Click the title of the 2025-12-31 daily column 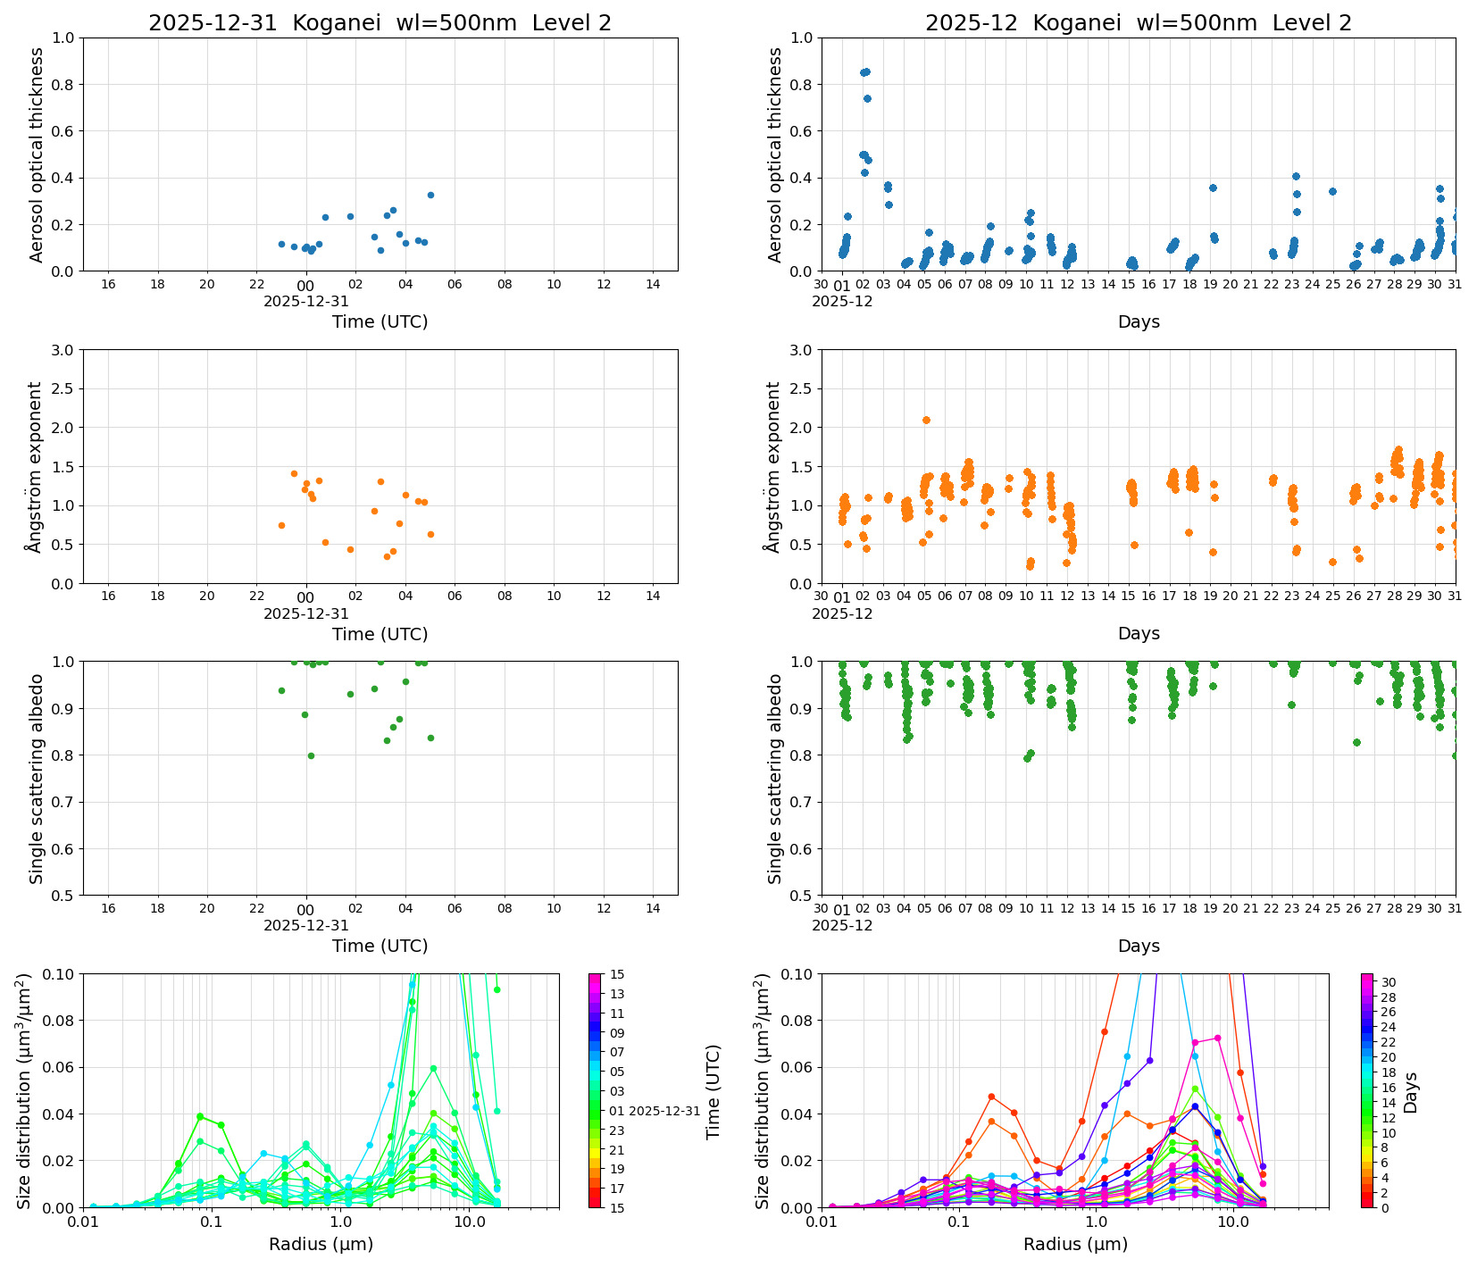tap(380, 23)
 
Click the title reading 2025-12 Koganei tap(1138, 23)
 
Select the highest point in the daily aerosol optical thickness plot tap(430, 195)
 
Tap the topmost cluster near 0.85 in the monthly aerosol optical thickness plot tap(864, 72)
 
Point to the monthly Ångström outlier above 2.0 tap(926, 420)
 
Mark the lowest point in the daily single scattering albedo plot tap(311, 755)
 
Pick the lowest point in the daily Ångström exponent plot tap(387, 556)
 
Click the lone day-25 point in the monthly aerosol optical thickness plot tap(1332, 191)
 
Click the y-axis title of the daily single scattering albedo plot tap(37, 778)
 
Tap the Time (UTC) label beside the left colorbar tap(713, 1091)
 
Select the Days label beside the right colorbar tap(1411, 1091)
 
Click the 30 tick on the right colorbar tap(1389, 982)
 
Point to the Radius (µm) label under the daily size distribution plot tap(321, 1244)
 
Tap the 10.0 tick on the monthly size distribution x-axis tap(1233, 1221)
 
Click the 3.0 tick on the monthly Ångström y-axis tap(801, 350)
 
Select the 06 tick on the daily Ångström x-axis tap(455, 596)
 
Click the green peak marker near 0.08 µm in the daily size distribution tap(200, 1116)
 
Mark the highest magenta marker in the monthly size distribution tap(1217, 1038)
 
